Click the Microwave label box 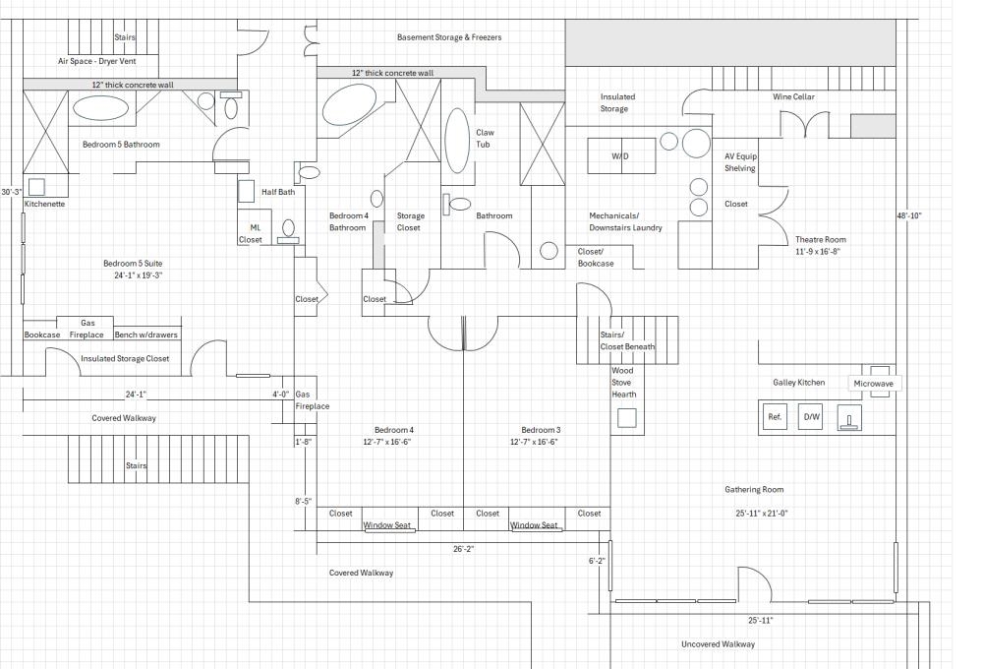(x=874, y=383)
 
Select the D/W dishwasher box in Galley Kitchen (x=812, y=417)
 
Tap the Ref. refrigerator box (x=775, y=417)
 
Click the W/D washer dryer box (x=620, y=156)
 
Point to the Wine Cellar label (x=793, y=96)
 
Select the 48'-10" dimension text (x=908, y=215)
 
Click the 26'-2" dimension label (x=464, y=549)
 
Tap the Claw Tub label (x=486, y=139)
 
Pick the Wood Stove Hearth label (x=624, y=383)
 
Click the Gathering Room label (x=754, y=489)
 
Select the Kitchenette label (x=44, y=204)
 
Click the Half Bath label (x=278, y=192)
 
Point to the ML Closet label (x=251, y=233)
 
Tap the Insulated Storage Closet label (x=125, y=359)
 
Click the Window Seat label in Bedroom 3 (x=535, y=525)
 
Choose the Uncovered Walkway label (x=719, y=644)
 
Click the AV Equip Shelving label (x=740, y=162)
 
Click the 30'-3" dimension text (x=12, y=192)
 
